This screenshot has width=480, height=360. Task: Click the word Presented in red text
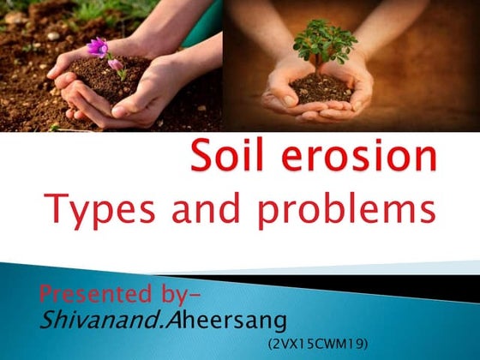86,297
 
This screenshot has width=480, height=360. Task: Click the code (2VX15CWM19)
317,343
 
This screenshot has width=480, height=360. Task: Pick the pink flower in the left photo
99,47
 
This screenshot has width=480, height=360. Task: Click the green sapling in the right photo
324,43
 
